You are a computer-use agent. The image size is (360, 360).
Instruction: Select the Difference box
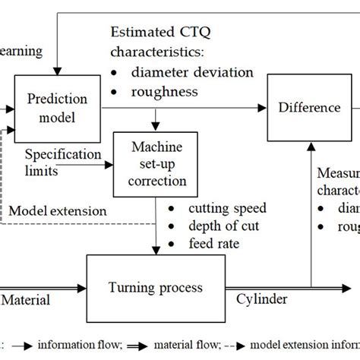tap(309, 107)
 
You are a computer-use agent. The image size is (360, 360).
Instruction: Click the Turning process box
tap(155, 287)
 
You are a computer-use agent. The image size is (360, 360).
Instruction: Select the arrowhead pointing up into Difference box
tap(309, 145)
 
